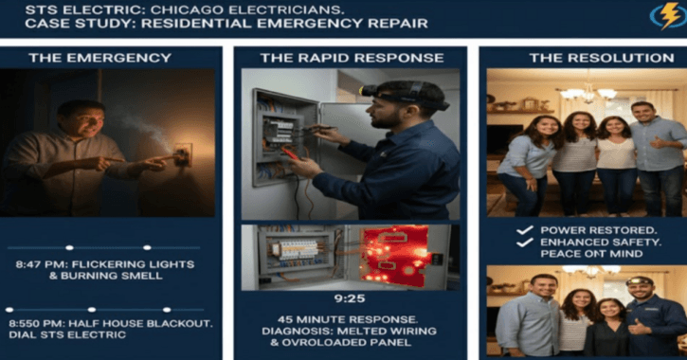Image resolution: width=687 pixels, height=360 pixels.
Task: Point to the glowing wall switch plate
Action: (x=183, y=153)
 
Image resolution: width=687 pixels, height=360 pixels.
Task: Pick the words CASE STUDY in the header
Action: (x=53, y=23)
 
